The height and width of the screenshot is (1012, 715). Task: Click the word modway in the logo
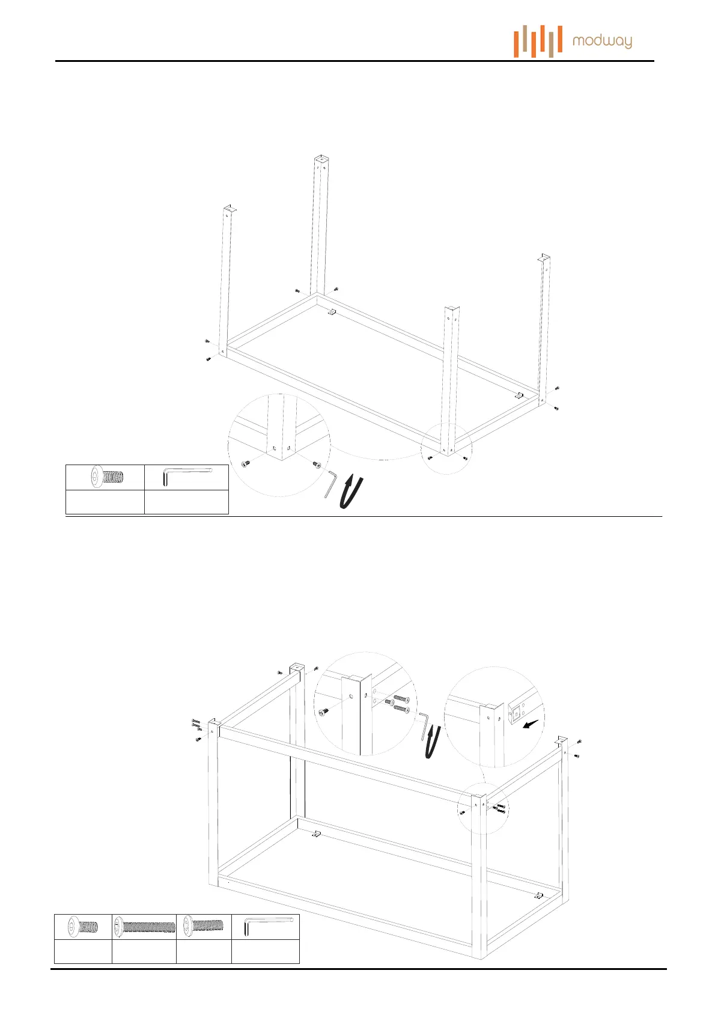tap(602, 41)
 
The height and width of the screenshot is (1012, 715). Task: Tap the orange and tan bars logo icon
tap(538, 41)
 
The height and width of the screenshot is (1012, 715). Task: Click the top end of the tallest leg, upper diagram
tap(322, 160)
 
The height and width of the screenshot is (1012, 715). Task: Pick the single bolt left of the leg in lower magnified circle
tap(324, 712)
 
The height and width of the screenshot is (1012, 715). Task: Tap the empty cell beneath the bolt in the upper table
tap(105, 502)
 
